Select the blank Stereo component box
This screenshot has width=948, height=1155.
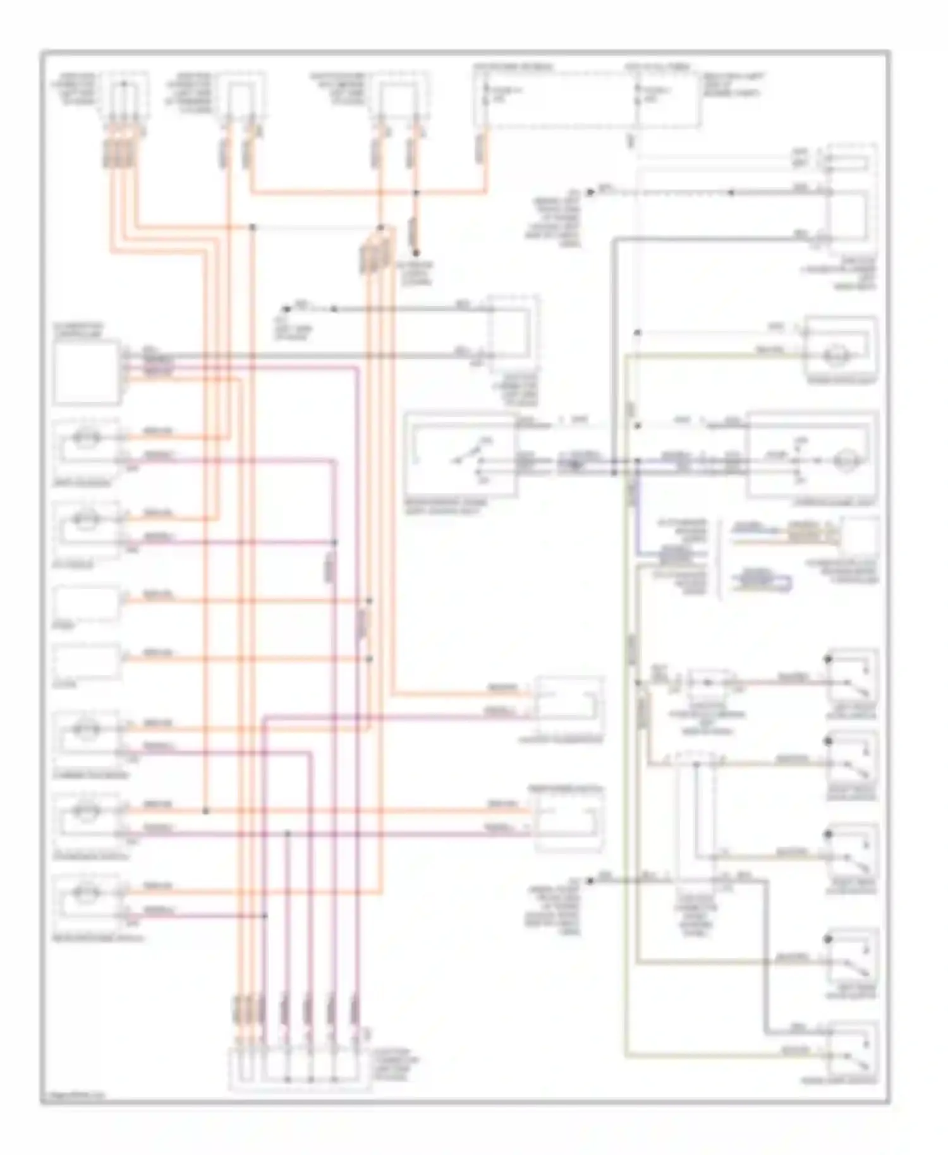pos(87,603)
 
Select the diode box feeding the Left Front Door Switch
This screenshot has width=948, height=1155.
pos(708,682)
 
